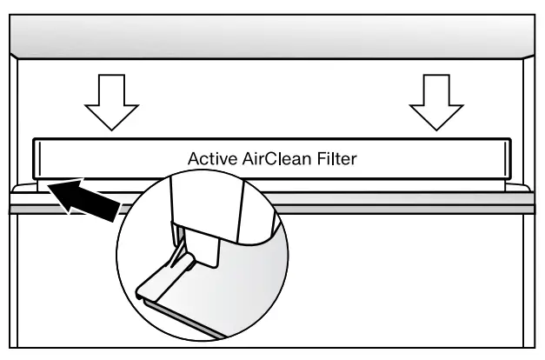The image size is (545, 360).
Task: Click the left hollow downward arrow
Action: tap(110, 101)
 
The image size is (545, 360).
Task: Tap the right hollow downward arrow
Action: tap(435, 101)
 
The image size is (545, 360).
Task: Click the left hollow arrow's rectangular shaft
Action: tap(110, 88)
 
